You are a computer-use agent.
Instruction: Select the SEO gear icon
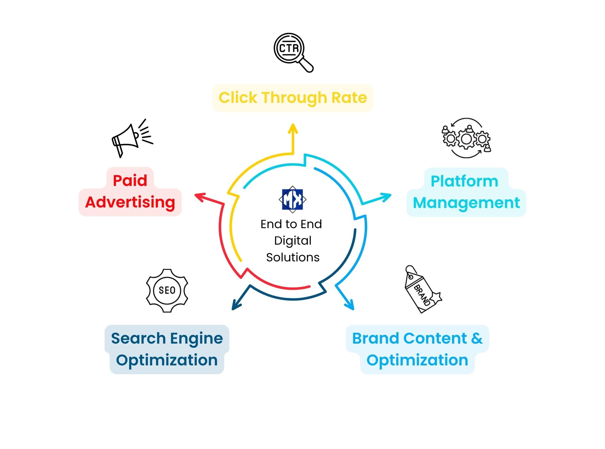tap(167, 290)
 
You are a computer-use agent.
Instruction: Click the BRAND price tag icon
tap(421, 290)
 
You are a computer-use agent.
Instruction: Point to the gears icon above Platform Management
tap(466, 138)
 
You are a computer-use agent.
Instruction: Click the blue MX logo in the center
tap(292, 199)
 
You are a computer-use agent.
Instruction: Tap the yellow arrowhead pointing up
tap(293, 129)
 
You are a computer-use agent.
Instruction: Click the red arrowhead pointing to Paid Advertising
tap(200, 196)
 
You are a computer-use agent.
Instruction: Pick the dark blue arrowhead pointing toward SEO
tap(236, 305)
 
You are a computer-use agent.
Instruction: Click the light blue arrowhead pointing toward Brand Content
tap(350, 305)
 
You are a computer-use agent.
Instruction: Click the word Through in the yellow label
tap(294, 98)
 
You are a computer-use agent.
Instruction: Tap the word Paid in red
tap(130, 181)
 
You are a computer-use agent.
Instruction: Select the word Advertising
tap(130, 202)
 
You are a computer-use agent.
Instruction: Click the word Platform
tap(464, 181)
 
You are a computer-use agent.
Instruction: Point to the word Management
tap(466, 203)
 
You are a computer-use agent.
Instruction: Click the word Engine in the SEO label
tap(196, 339)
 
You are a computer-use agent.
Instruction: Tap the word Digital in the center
tap(293, 241)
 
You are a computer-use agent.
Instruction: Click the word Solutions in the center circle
tap(293, 257)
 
